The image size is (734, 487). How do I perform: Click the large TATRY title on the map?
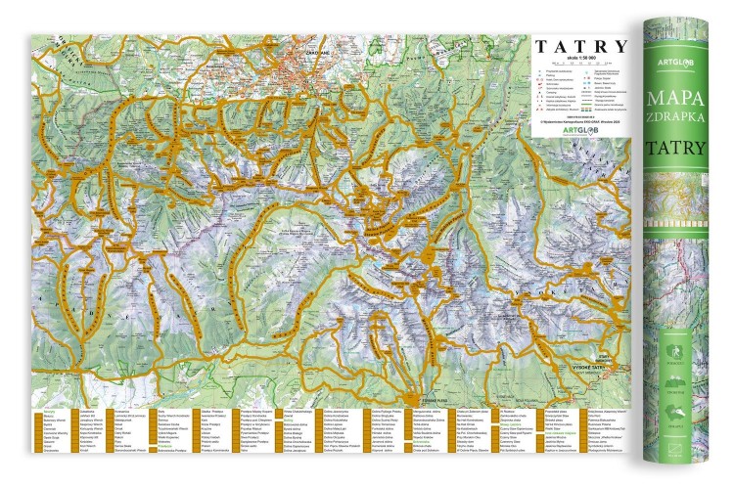click(580, 45)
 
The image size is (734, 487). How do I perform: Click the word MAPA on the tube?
click(685, 100)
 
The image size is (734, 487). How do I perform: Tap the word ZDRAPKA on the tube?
click(685, 124)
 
